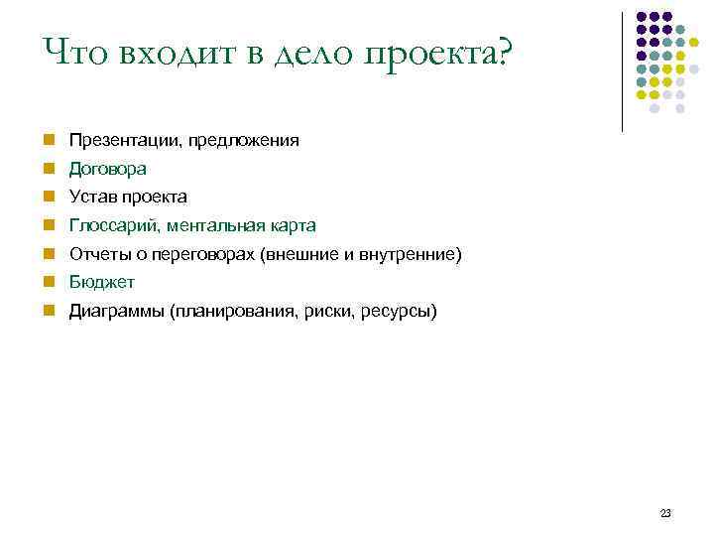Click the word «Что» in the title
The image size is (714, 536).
(x=74, y=52)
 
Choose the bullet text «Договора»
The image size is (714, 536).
(x=108, y=169)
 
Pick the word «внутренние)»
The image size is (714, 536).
(x=418, y=254)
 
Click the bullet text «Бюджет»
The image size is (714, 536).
(x=102, y=283)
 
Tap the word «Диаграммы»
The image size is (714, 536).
(x=116, y=312)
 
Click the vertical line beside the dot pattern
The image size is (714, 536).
(x=622, y=69)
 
